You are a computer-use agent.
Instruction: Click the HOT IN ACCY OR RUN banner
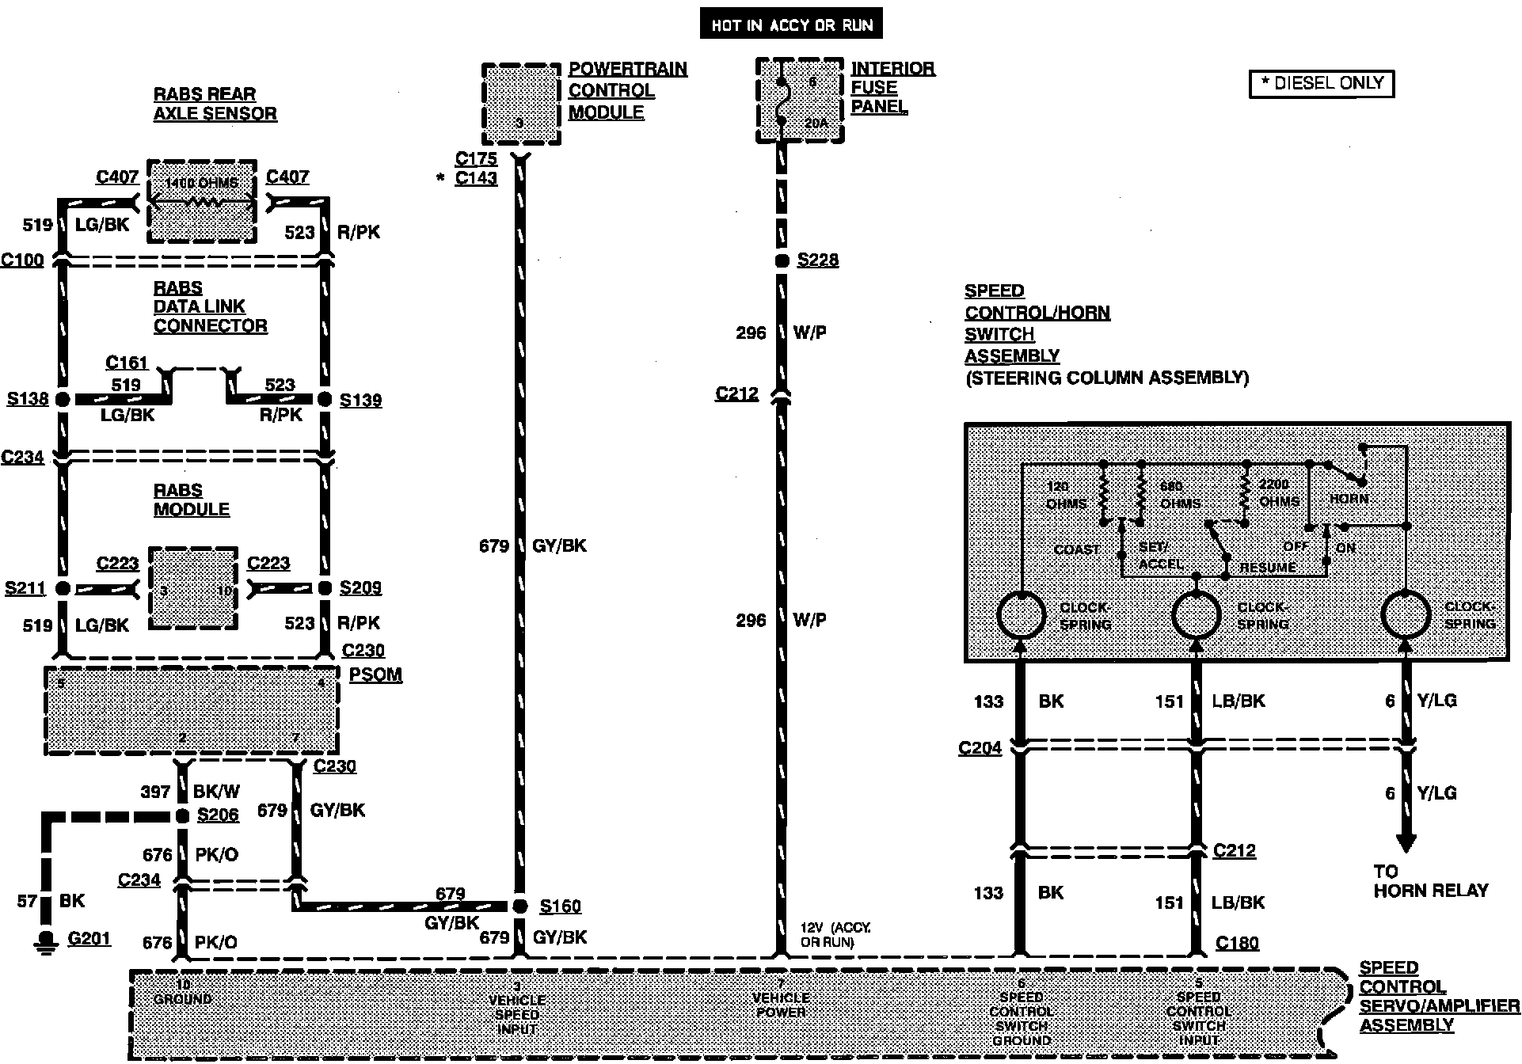coord(791,25)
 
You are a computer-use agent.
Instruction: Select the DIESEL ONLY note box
coord(1321,83)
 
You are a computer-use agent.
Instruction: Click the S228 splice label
coord(817,260)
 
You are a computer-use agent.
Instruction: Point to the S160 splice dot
coord(520,906)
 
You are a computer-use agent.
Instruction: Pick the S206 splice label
coord(218,815)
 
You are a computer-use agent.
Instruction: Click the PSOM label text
coord(375,675)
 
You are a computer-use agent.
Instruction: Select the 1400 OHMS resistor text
coord(201,183)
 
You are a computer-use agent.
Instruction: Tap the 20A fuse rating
coord(816,123)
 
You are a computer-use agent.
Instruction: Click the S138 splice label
coord(28,399)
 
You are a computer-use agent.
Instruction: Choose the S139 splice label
coord(360,401)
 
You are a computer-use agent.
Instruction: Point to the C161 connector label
coord(127,363)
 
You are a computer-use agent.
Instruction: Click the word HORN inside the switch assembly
coord(1349,499)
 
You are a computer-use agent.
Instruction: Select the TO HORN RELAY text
coord(1430,881)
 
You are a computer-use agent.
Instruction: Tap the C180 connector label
coord(1237,943)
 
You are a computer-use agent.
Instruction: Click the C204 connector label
coord(980,748)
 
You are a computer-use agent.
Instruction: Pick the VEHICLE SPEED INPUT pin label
coord(517,1014)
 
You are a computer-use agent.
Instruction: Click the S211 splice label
coord(25,588)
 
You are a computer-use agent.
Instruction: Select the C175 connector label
coord(476,158)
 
